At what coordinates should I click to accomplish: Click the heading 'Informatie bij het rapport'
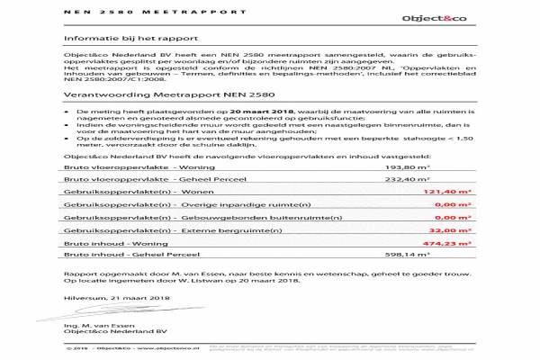[x=115, y=40]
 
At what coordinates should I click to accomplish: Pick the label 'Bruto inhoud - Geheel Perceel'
[x=121, y=256]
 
